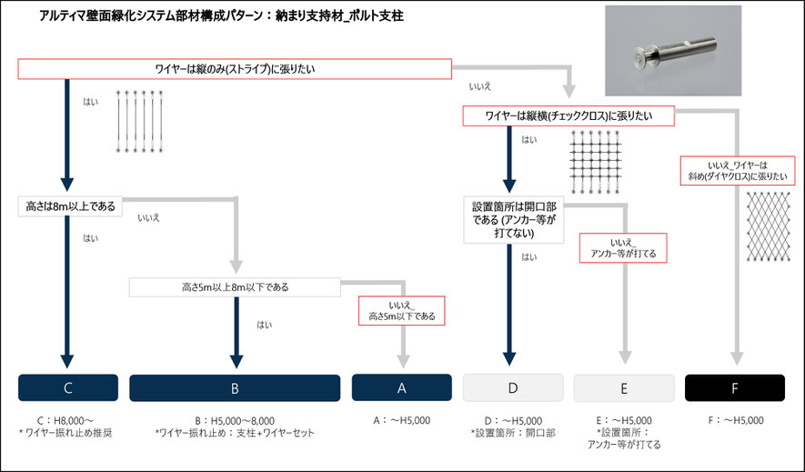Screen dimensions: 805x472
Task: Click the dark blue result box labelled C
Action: pos(68,387)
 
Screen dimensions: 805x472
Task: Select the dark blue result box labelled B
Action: pos(235,387)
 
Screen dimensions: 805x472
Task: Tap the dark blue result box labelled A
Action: pos(401,387)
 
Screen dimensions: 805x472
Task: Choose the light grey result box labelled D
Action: pos(513,387)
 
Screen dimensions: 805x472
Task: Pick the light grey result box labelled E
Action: pos(624,387)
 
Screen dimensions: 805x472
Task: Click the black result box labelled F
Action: pos(735,387)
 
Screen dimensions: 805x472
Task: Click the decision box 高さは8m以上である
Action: pos(70,206)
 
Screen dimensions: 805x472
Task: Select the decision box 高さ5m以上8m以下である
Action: pos(235,287)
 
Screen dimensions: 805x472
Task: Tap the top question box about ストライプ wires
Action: pos(235,69)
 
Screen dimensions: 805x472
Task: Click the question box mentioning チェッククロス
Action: pos(569,116)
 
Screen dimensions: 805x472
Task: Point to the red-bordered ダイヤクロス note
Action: pos(737,171)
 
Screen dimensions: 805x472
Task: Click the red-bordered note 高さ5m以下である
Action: pos(401,311)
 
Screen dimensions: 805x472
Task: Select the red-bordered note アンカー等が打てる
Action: pos(623,248)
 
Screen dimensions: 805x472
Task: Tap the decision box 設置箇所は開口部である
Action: pos(514,219)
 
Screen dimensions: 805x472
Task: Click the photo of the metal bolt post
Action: pos(673,51)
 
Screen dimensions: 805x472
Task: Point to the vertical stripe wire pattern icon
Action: pos(140,122)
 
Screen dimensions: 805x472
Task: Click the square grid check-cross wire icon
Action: pos(596,162)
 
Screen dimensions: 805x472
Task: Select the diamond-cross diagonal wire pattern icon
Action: pos(768,226)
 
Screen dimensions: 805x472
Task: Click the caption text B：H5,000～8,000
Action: pos(235,421)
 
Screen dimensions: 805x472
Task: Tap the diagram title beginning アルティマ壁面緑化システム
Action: pos(222,16)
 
